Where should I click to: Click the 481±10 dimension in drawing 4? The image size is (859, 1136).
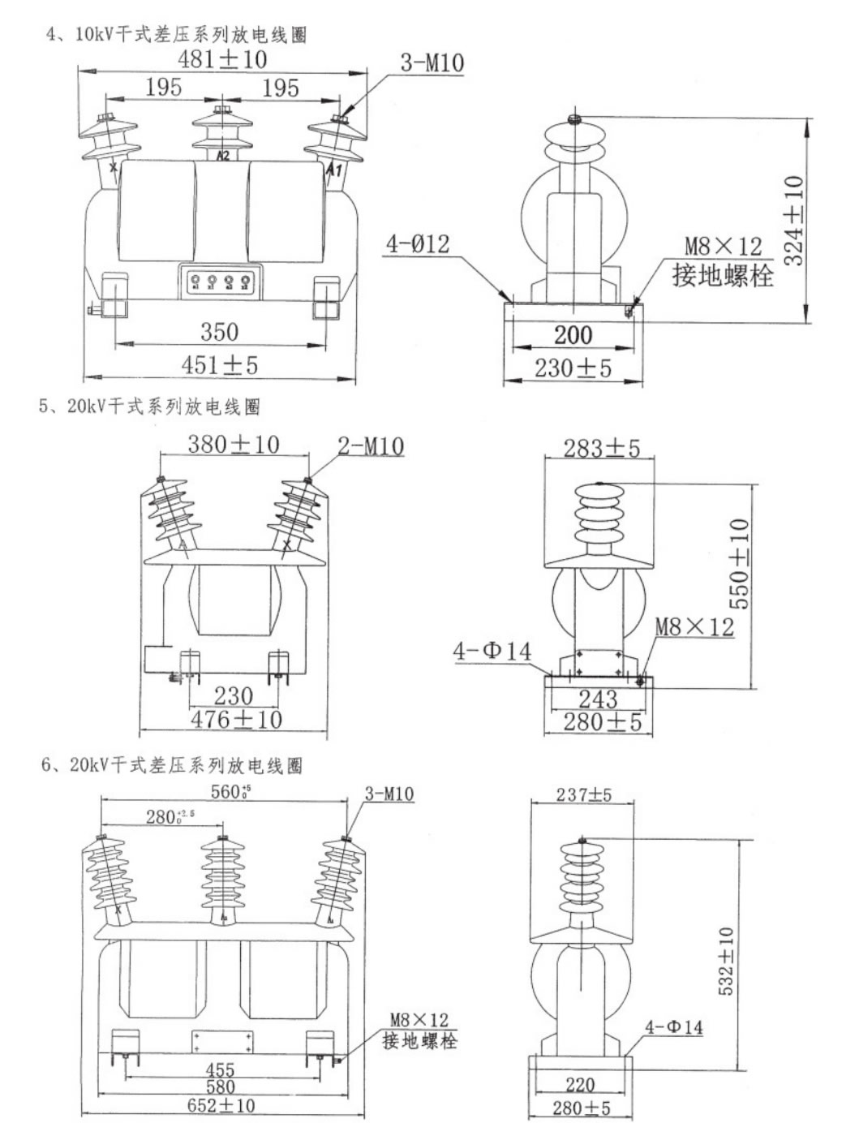(x=222, y=59)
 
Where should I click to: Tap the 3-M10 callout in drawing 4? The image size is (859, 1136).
(x=432, y=62)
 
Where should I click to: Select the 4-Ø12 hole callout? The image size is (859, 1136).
(x=417, y=243)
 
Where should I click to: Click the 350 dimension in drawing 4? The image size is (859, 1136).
(x=219, y=331)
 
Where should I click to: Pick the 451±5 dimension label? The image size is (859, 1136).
(x=219, y=365)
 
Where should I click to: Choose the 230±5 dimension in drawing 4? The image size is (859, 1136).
(x=573, y=368)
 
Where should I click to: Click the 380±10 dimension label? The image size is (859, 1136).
(x=234, y=444)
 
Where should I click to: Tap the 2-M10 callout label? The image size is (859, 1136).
(x=370, y=445)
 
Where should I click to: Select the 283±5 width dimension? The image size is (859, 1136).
(x=602, y=447)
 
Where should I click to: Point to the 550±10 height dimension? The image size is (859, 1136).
(x=739, y=563)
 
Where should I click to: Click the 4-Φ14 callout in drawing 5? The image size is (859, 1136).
(x=492, y=650)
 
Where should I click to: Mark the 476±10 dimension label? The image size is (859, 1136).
(x=236, y=719)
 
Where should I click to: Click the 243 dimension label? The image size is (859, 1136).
(x=598, y=699)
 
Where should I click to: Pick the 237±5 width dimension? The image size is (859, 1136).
(x=583, y=794)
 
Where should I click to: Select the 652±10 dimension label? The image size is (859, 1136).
(x=221, y=1105)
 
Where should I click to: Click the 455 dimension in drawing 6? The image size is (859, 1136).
(x=220, y=1070)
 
